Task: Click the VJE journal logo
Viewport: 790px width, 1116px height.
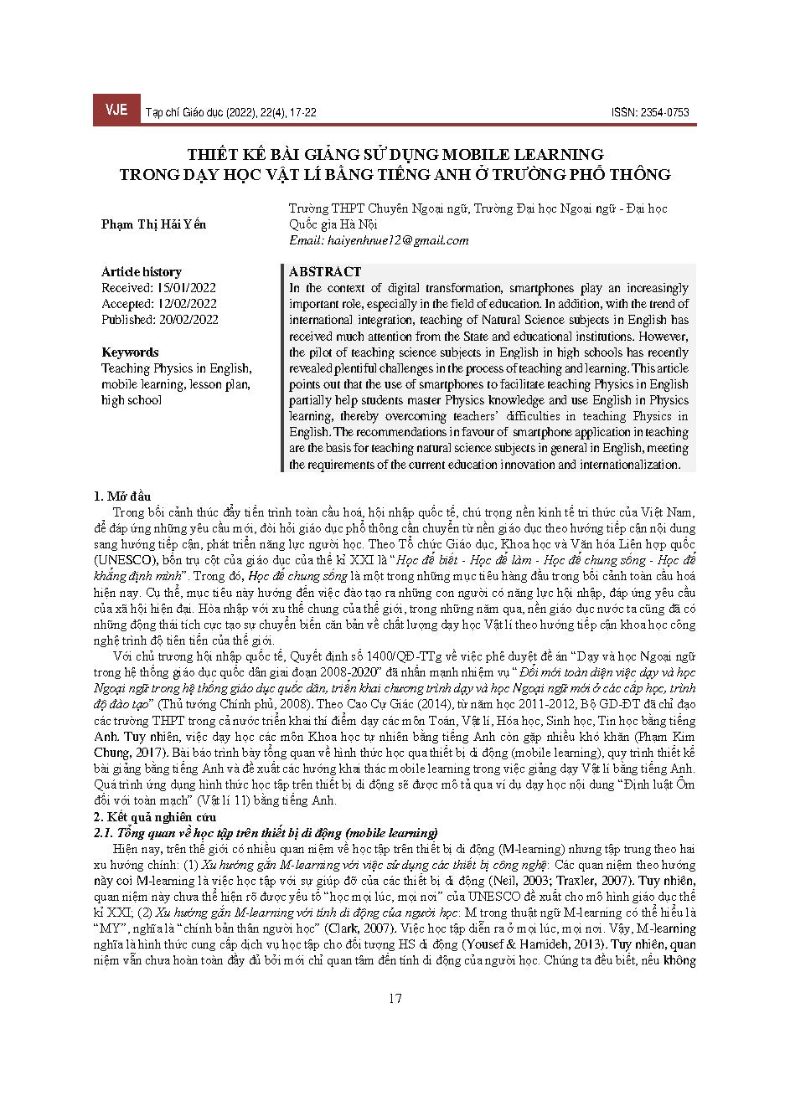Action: tap(116, 111)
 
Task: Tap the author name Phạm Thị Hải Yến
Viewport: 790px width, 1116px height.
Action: tap(153, 224)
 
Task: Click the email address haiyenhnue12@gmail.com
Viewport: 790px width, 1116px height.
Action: tap(379, 240)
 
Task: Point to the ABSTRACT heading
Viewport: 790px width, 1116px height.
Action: tap(324, 272)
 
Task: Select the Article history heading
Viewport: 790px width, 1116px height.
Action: tap(141, 272)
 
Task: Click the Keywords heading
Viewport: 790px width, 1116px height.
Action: tap(130, 352)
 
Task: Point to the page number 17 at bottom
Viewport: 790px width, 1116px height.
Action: tap(395, 998)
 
